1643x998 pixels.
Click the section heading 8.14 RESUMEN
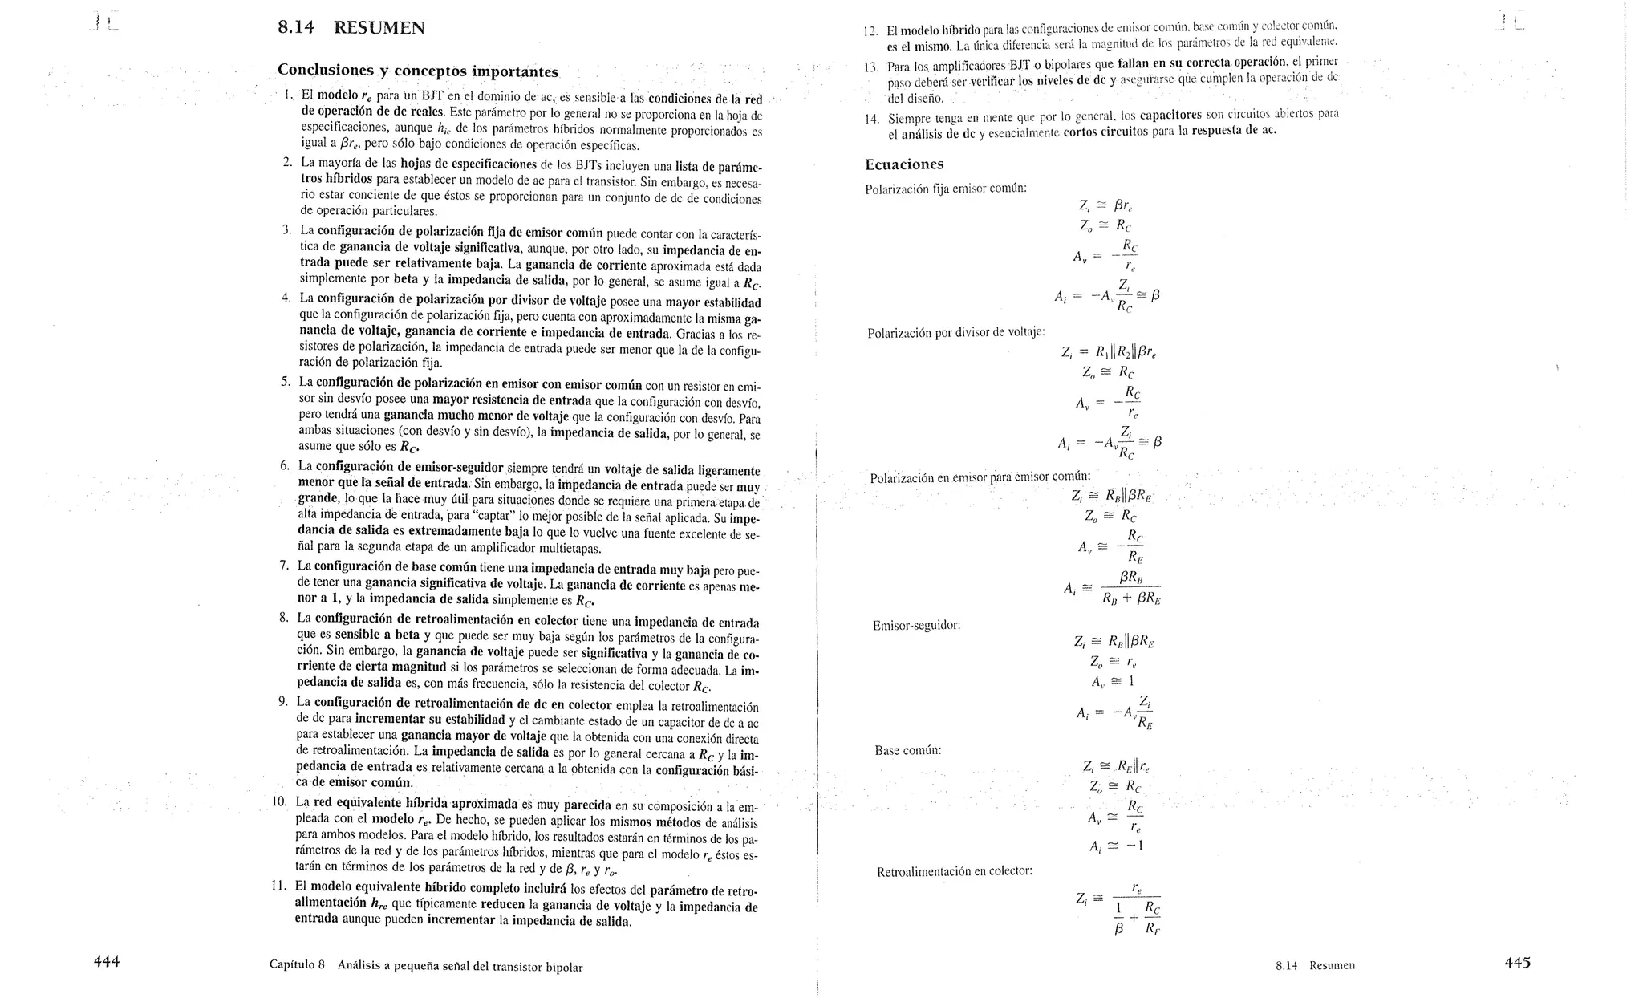[x=351, y=28]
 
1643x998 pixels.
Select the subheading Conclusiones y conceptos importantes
[x=417, y=71]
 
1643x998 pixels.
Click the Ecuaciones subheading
[x=904, y=164]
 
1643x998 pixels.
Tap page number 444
[x=107, y=962]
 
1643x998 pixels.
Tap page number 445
[x=1517, y=963]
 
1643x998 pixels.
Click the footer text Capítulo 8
[x=297, y=966]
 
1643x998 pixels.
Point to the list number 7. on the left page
[x=284, y=566]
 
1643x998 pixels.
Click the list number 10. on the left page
[x=279, y=801]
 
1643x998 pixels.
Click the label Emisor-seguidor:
[x=916, y=625]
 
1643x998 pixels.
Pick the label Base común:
[x=907, y=751]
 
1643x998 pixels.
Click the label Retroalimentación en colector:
[x=954, y=871]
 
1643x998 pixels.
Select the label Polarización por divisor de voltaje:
[x=955, y=332]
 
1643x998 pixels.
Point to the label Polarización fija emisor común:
[x=945, y=189]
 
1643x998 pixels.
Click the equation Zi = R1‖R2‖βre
[x=1108, y=351]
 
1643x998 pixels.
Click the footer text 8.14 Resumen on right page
[x=1315, y=965]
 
